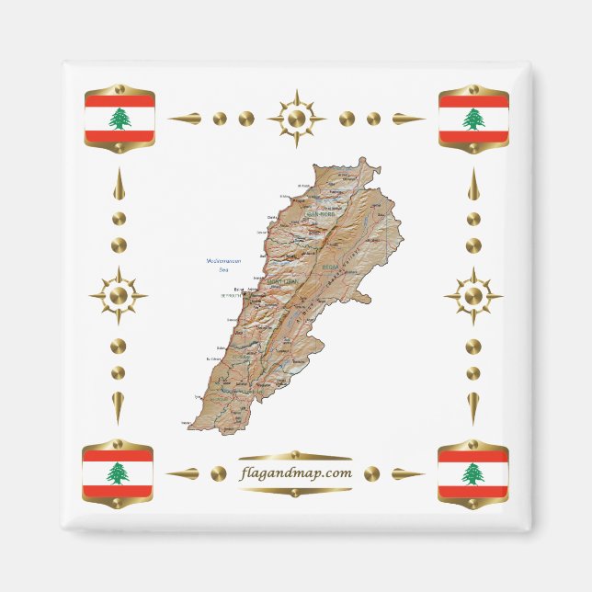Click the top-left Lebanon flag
[x=120, y=117]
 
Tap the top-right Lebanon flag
[x=473, y=117]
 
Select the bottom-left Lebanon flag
[x=118, y=473]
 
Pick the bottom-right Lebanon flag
[x=472, y=473]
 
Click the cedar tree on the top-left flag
[x=120, y=118]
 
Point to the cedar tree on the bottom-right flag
[x=472, y=473]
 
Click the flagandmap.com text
[x=295, y=473]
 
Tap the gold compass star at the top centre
[x=296, y=118]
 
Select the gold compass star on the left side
[x=118, y=295]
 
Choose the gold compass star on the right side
[x=473, y=296]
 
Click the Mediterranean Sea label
[x=223, y=264]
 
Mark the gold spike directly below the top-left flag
[x=119, y=187]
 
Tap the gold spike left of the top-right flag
[x=407, y=119]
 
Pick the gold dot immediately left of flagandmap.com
[x=218, y=473]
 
